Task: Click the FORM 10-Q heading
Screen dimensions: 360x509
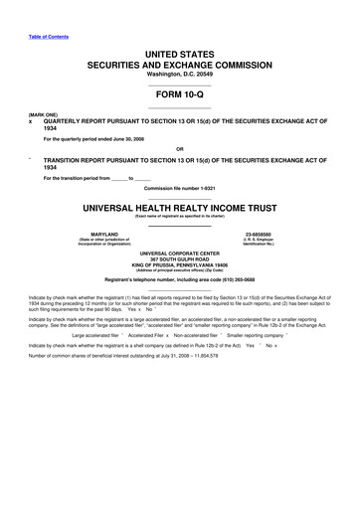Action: point(179,91)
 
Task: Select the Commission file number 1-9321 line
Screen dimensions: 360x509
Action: point(179,188)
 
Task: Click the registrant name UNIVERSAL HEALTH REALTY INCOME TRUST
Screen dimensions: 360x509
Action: point(179,209)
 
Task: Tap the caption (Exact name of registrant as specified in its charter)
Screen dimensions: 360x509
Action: point(179,218)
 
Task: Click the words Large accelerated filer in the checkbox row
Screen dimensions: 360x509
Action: point(95,336)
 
